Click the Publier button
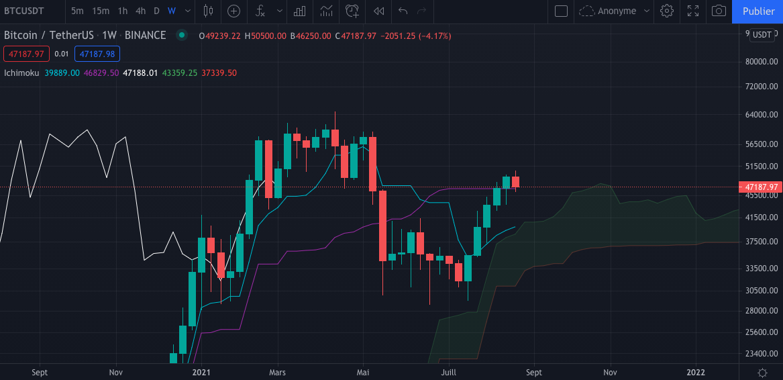point(758,11)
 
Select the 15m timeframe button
point(101,11)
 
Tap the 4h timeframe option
point(140,11)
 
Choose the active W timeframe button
point(172,11)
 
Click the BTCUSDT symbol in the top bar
point(24,11)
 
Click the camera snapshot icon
point(719,11)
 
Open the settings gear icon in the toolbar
point(666,11)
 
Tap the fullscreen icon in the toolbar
point(693,11)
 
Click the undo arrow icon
point(403,11)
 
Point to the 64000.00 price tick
point(760,115)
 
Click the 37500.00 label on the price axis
point(760,242)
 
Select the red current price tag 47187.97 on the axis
point(760,187)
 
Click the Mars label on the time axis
point(277,371)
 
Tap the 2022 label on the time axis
point(696,371)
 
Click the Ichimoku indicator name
point(22,73)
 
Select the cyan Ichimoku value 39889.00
point(62,73)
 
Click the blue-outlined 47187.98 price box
point(97,54)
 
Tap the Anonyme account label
point(617,11)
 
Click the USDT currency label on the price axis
point(762,35)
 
